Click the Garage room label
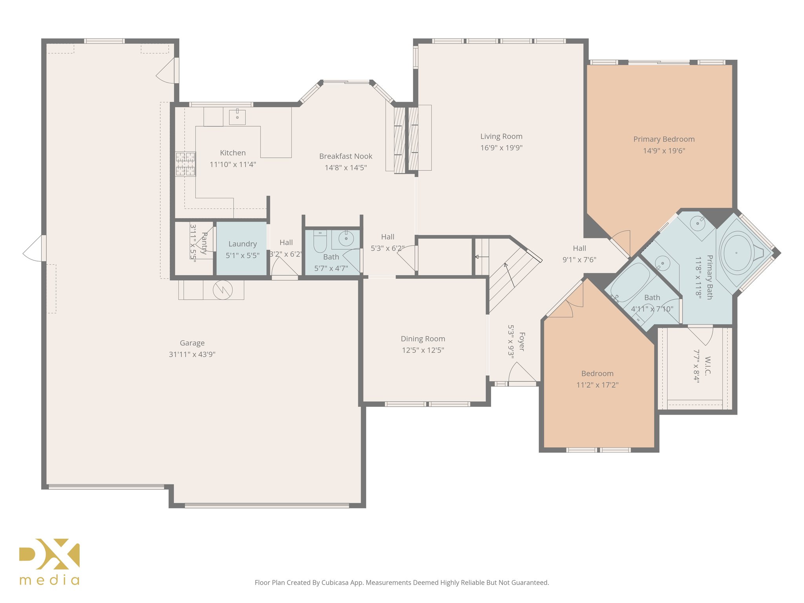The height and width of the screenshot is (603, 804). click(x=192, y=343)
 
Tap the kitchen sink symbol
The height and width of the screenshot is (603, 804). click(x=237, y=117)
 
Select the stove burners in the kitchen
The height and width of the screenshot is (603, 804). click(x=185, y=164)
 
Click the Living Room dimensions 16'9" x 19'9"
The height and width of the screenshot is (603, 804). click(x=501, y=148)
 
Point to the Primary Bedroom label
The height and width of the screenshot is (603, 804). click(x=663, y=139)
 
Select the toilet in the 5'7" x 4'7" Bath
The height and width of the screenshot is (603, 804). click(x=320, y=241)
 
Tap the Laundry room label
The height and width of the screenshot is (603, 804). click(x=242, y=244)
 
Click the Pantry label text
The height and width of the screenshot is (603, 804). click(x=204, y=243)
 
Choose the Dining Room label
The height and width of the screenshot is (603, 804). click(x=423, y=338)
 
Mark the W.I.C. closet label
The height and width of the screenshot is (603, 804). click(x=708, y=366)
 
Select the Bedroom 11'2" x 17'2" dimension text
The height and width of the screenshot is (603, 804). click(x=597, y=385)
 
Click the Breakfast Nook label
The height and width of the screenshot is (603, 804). click(x=345, y=156)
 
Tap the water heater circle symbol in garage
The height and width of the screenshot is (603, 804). click(x=223, y=290)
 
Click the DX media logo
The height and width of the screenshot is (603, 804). click(x=49, y=561)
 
